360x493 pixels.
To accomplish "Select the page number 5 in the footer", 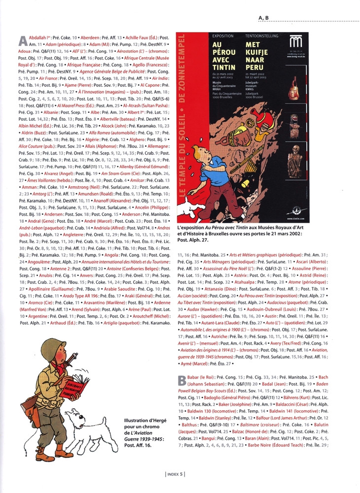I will [x=182, y=474].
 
